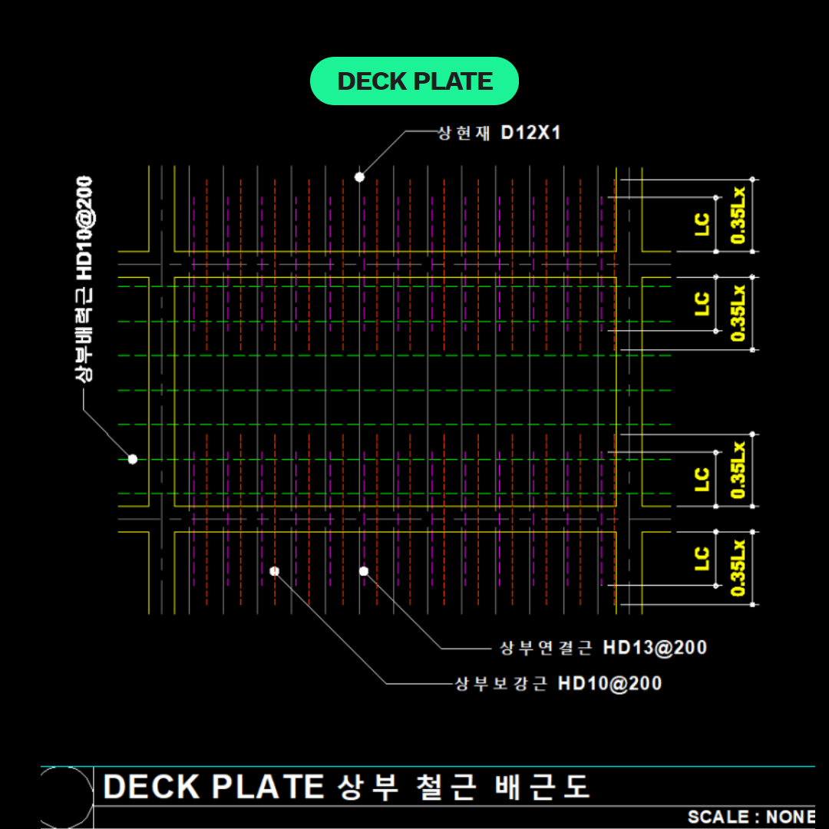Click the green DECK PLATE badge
coord(414,81)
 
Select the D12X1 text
coord(531,133)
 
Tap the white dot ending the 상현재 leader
coord(359,177)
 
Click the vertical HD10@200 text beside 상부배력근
coord(84,228)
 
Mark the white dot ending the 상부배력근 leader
coord(132,459)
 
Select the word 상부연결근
coord(546,648)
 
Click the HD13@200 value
coord(655,648)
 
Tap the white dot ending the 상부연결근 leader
coord(364,571)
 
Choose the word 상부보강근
coord(501,683)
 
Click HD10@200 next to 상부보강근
coord(609,683)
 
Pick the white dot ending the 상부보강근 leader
coord(274,571)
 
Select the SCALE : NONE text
coord(751,817)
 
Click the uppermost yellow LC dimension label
coord(702,224)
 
